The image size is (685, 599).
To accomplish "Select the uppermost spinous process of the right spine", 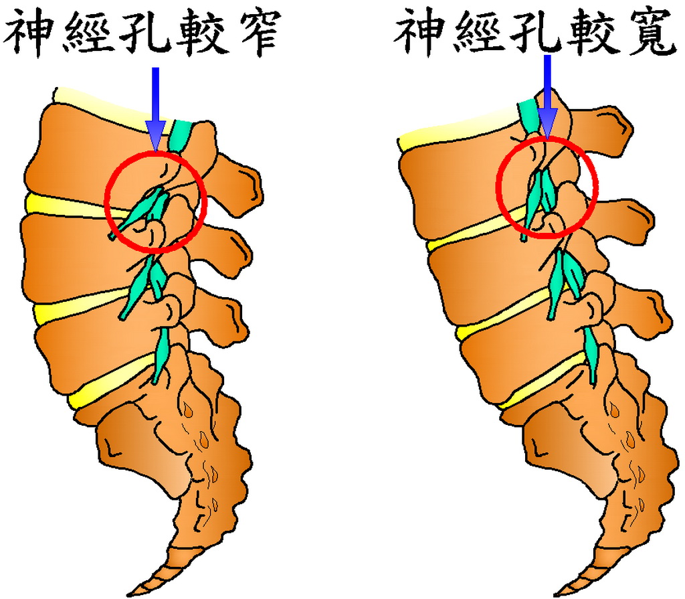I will [609, 120].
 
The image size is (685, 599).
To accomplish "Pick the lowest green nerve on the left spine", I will [161, 355].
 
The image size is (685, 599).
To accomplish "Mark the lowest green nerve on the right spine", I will [592, 351].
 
